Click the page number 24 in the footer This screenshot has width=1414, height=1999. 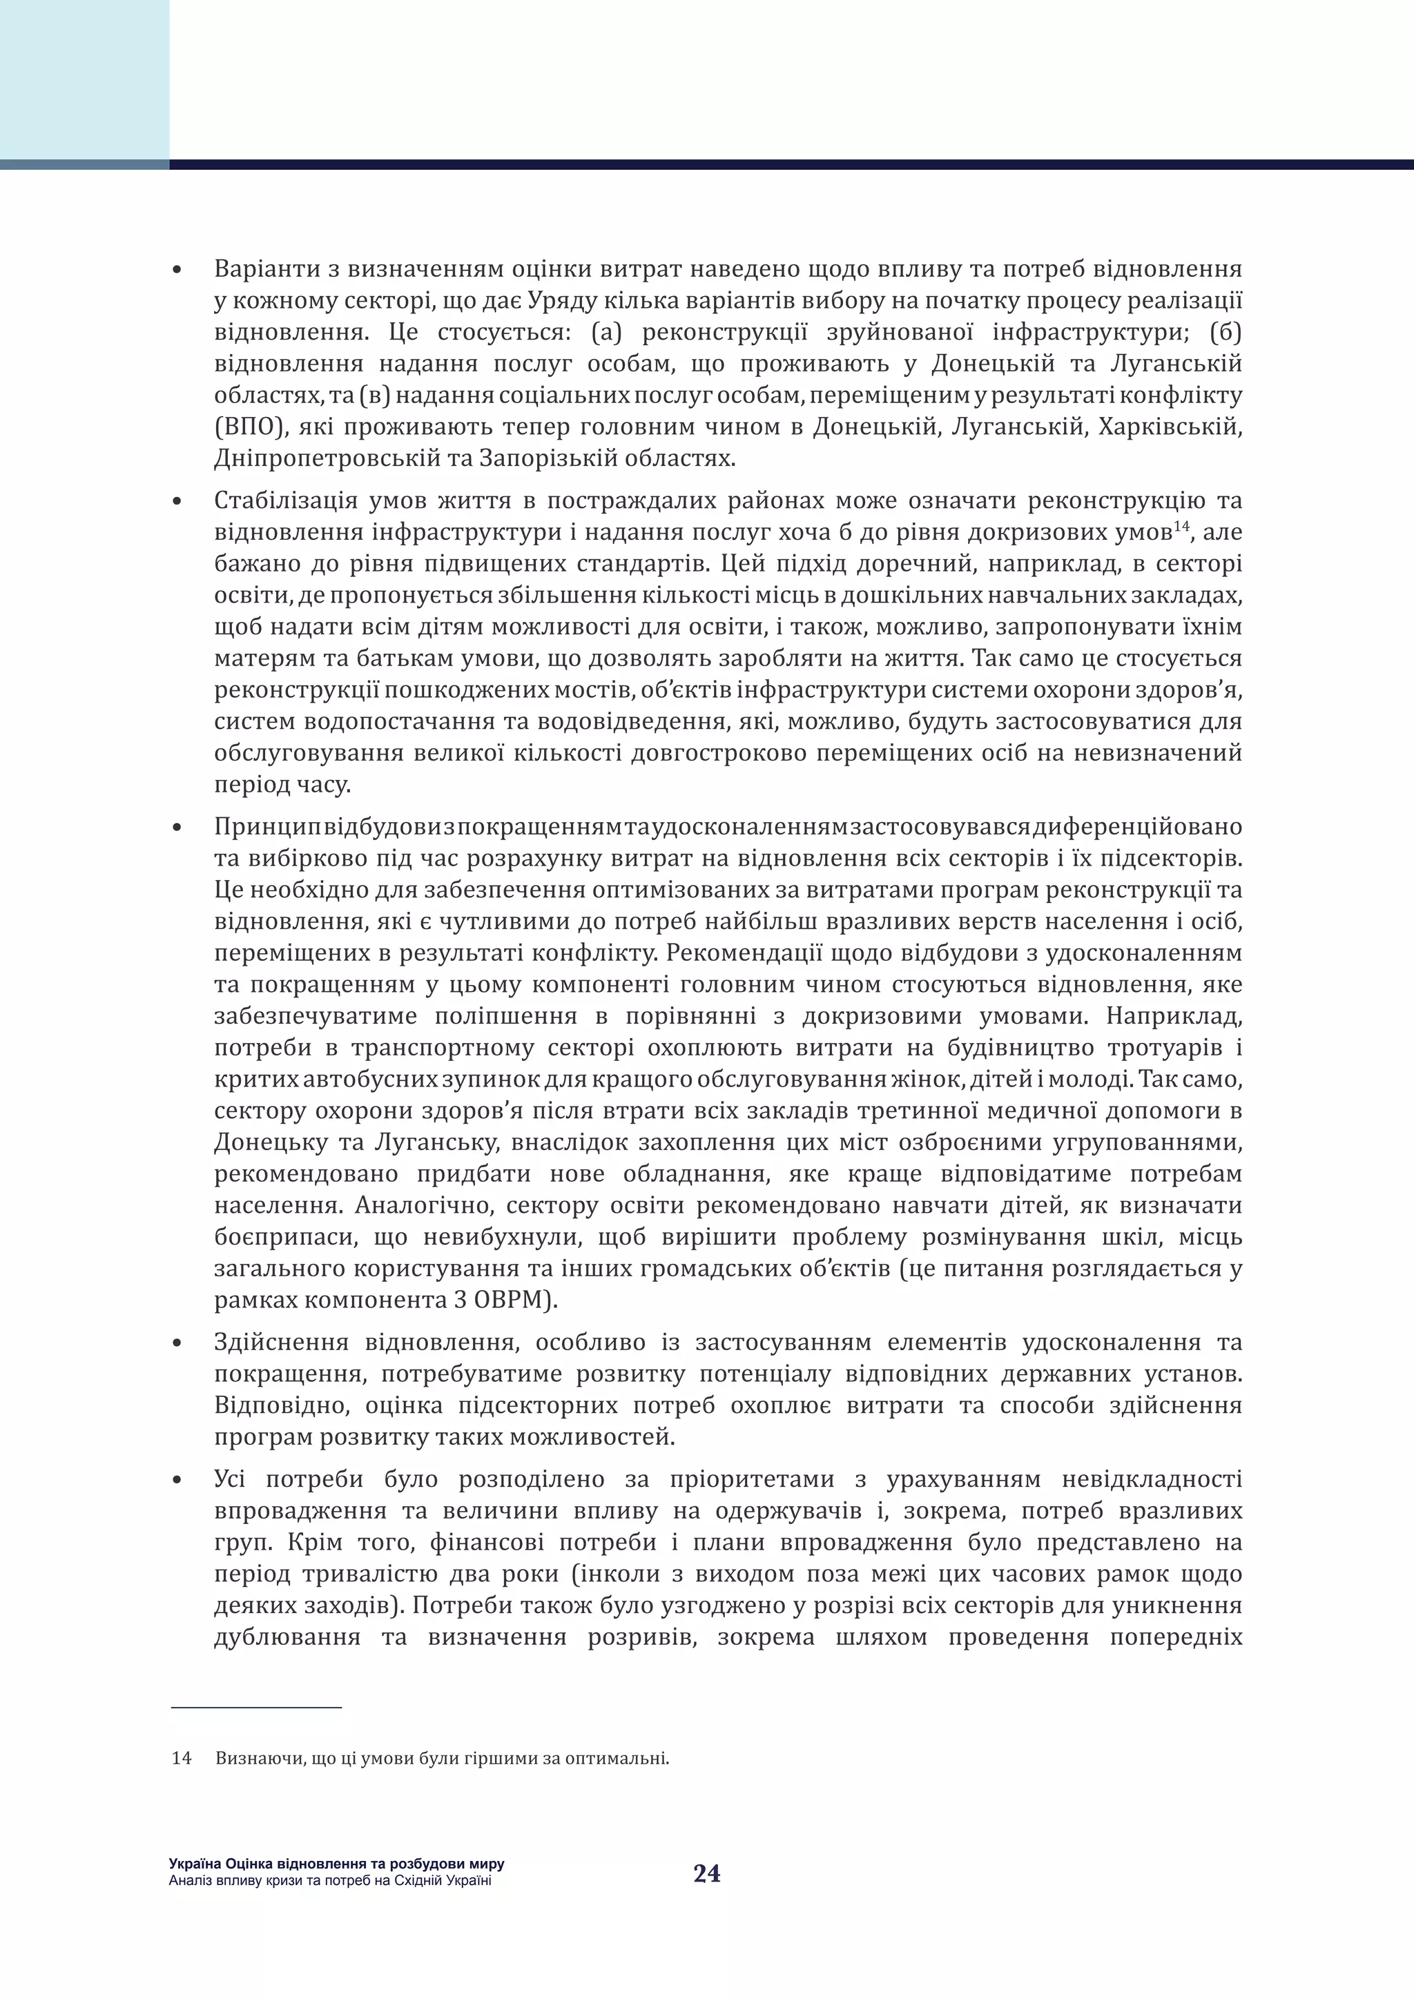click(x=706, y=1873)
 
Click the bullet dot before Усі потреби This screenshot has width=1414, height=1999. click(x=177, y=1480)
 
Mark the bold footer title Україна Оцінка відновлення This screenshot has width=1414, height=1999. click(x=336, y=1864)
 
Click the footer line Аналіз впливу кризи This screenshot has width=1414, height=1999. click(x=330, y=1880)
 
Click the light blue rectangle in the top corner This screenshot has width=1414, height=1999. click(x=84, y=79)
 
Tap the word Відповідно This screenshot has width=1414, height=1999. click(x=284, y=1405)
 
